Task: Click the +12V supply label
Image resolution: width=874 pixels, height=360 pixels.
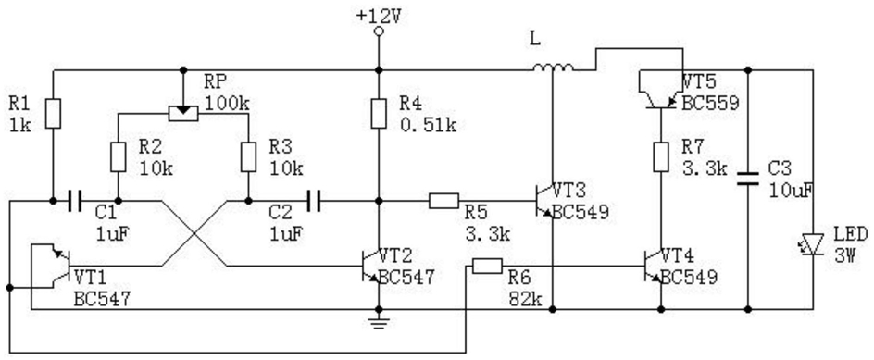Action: pyautogui.click(x=379, y=15)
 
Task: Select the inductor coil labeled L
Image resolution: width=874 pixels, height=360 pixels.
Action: pyautogui.click(x=553, y=68)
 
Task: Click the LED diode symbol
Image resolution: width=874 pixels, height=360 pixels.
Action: pyautogui.click(x=813, y=244)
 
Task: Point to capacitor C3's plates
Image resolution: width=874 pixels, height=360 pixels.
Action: pyautogui.click(x=748, y=178)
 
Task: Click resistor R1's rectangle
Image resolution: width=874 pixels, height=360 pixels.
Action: pyautogui.click(x=53, y=114)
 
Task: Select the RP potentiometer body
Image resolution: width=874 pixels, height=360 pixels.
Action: pyautogui.click(x=182, y=113)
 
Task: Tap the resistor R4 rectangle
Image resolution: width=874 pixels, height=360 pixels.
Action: pyautogui.click(x=379, y=114)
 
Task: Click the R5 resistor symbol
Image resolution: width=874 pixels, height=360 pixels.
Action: pyautogui.click(x=444, y=201)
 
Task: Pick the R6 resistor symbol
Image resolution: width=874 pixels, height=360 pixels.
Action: pyautogui.click(x=487, y=267)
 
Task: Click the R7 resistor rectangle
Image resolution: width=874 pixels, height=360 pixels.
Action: pyautogui.click(x=661, y=156)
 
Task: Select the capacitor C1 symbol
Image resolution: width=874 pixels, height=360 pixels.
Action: pyautogui.click(x=73, y=201)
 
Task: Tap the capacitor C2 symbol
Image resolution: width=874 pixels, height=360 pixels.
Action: pyautogui.click(x=315, y=201)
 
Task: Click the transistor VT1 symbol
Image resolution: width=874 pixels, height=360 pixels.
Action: pyautogui.click(x=56, y=266)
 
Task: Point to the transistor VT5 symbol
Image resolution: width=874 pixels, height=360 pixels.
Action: pyautogui.click(x=661, y=89)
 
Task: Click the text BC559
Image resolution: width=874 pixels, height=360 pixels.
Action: pyautogui.click(x=711, y=103)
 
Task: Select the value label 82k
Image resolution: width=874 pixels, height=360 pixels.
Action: pyautogui.click(x=525, y=299)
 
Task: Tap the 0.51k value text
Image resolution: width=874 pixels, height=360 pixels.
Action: pyautogui.click(x=428, y=125)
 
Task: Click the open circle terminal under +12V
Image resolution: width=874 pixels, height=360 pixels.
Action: pyautogui.click(x=379, y=31)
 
